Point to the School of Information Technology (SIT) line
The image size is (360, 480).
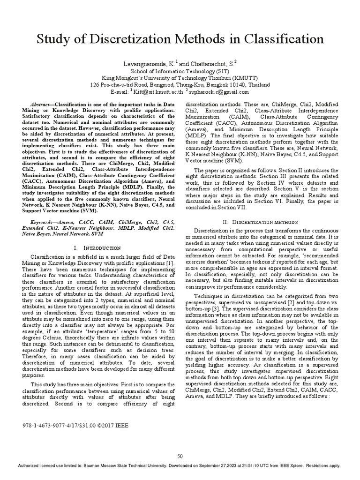(x=180, y=70)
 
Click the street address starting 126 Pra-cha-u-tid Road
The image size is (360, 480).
(x=180, y=85)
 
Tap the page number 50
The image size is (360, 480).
(x=180, y=456)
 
